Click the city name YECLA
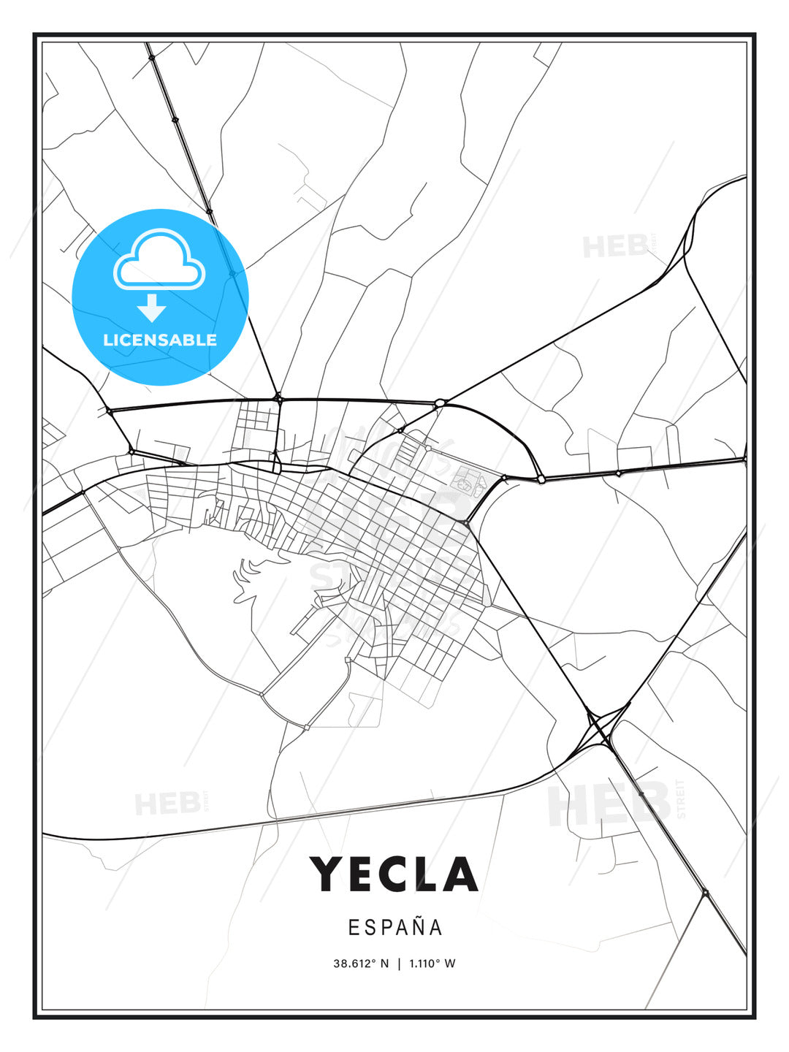point(394,874)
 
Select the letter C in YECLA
point(394,874)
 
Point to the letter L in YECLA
point(427,874)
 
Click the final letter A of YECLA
point(460,874)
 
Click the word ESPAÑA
point(394,927)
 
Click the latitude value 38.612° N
point(361,964)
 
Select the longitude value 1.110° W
point(432,964)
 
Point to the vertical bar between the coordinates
point(399,964)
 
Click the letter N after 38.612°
point(385,964)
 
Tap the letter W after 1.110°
point(450,964)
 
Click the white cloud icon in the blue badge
point(159,261)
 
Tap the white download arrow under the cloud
point(152,308)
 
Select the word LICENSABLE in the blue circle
point(160,340)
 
